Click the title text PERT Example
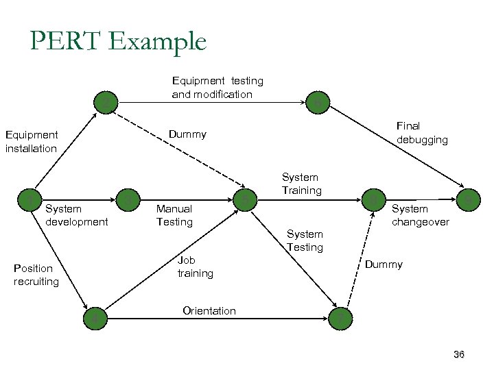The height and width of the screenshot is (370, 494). click(117, 42)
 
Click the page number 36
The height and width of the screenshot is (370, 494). click(459, 354)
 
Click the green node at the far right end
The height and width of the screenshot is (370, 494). click(469, 199)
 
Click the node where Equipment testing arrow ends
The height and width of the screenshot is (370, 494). click(317, 102)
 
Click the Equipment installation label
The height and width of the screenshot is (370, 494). click(31, 141)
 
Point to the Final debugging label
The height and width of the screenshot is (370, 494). click(422, 133)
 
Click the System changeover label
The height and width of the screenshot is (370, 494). click(420, 215)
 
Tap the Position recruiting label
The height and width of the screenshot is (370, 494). click(36, 275)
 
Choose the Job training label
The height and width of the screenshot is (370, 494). click(195, 267)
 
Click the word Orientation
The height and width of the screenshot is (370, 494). click(209, 311)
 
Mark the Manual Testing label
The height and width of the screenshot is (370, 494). click(174, 215)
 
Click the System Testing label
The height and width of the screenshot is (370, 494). click(305, 241)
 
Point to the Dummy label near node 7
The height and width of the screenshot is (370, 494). click(384, 264)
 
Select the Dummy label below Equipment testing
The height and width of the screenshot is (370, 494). click(187, 134)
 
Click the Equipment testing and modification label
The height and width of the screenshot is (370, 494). click(217, 88)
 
